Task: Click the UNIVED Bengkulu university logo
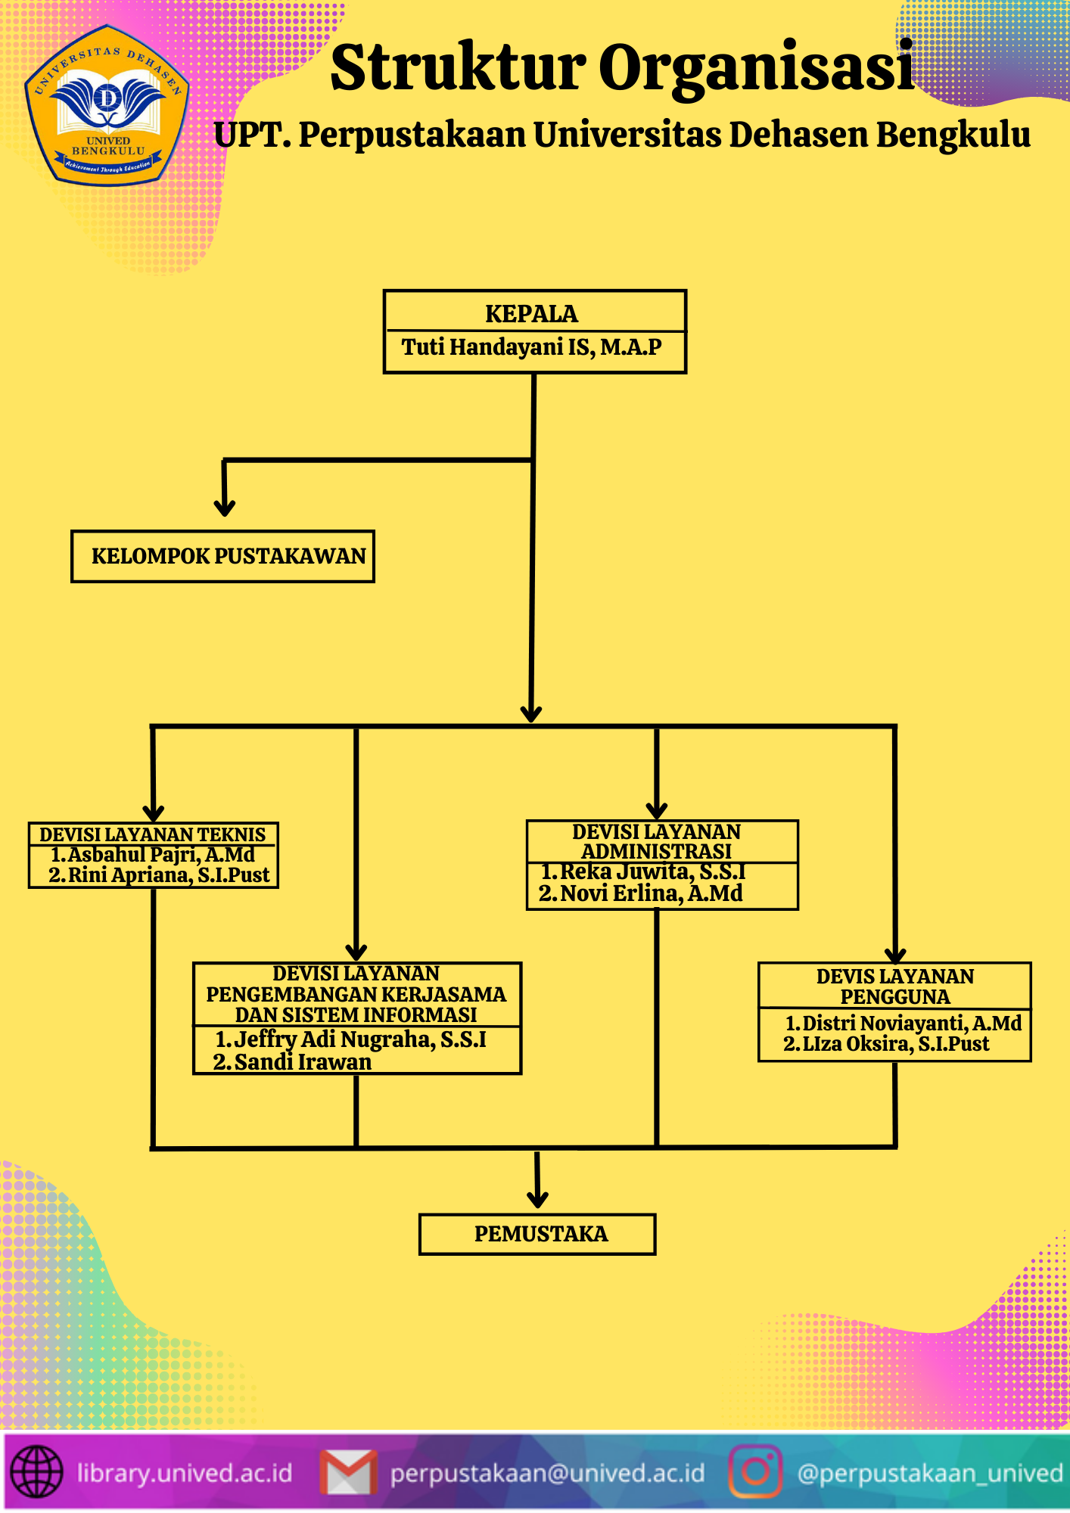coord(107,107)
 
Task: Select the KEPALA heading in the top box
coord(531,314)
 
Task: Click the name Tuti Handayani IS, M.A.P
coord(531,347)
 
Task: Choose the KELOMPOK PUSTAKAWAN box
coord(223,557)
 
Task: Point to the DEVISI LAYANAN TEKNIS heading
coord(153,834)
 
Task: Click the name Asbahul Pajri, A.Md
coord(160,855)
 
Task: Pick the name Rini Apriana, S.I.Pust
coord(168,875)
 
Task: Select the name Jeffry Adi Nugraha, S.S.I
coord(359,1039)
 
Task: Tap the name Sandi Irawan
coord(302,1062)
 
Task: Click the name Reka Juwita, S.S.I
coord(652,872)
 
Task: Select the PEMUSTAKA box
coord(537,1235)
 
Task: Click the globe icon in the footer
coord(36,1472)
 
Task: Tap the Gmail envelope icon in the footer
coord(349,1472)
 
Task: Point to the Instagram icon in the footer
coord(754,1471)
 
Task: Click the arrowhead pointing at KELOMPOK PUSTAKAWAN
coord(225,507)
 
